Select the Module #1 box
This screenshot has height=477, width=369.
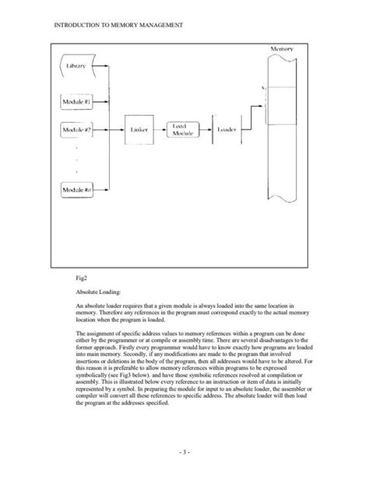coord(77,102)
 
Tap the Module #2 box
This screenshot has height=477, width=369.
coord(77,130)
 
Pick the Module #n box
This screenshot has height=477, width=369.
coord(77,190)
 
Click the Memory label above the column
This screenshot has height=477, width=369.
coord(282,49)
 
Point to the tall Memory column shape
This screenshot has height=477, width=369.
coord(282,132)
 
